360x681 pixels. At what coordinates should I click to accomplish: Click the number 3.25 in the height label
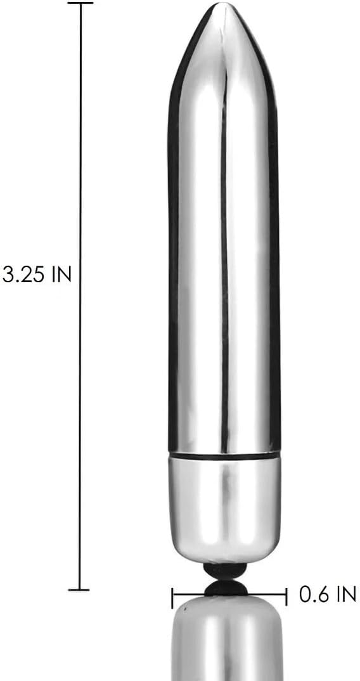pos(24,275)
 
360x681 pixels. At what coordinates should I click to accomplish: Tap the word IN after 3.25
pos(61,275)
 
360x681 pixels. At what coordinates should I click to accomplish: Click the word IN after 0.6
pos(347,593)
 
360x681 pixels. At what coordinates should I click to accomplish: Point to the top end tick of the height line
pos(80,3)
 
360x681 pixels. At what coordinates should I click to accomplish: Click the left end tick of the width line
pos(172,597)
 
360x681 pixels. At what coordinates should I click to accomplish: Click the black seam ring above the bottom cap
pos(224,456)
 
